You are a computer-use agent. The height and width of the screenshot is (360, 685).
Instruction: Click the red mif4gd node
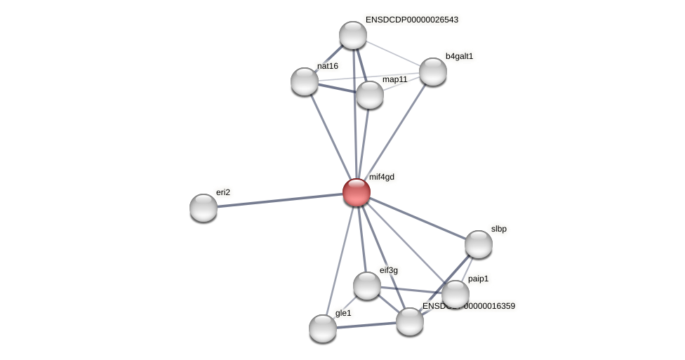(356, 192)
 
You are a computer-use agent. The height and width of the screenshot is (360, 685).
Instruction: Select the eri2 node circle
(204, 208)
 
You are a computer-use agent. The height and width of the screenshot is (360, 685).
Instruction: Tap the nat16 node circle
(305, 81)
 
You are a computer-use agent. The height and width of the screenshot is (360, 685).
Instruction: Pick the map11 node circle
(370, 95)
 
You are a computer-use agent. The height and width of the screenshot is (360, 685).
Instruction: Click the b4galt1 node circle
(433, 72)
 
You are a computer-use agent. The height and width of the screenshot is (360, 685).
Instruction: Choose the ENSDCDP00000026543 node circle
(353, 35)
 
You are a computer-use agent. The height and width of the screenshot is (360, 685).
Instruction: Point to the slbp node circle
(479, 244)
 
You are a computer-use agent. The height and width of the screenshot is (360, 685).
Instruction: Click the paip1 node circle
(455, 294)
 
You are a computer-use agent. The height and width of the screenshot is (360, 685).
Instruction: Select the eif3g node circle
(367, 286)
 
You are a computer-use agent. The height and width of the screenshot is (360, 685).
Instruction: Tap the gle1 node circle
(323, 328)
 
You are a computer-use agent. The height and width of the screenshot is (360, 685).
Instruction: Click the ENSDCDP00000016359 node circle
(410, 321)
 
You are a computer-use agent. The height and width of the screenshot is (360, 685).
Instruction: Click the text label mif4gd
(382, 177)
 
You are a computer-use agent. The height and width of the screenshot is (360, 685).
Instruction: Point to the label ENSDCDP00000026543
(411, 20)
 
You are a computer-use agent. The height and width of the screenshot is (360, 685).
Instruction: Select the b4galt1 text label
(459, 56)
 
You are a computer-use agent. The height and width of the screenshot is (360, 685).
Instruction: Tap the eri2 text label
(223, 192)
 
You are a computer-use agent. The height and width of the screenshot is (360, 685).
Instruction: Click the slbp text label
(498, 229)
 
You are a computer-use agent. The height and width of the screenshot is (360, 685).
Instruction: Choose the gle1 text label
(343, 313)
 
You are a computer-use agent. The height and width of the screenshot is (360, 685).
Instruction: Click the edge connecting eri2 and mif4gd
(279, 200)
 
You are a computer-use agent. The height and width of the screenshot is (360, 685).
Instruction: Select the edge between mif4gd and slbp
(417, 218)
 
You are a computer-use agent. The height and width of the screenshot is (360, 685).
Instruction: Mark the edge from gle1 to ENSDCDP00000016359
(366, 325)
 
